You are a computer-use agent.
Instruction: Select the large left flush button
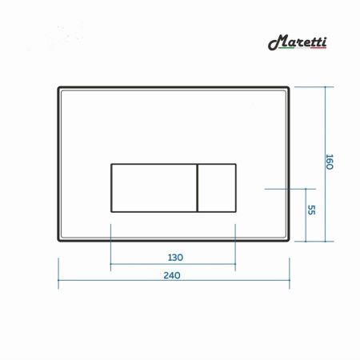pyautogui.click(x=152, y=187)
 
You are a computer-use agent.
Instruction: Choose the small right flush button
pyautogui.click(x=216, y=187)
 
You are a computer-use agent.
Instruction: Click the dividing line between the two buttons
pyautogui.click(x=196, y=187)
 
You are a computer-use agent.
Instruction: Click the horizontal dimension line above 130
pyautogui.click(x=173, y=265)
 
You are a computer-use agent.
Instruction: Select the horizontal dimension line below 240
pyautogui.click(x=173, y=282)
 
